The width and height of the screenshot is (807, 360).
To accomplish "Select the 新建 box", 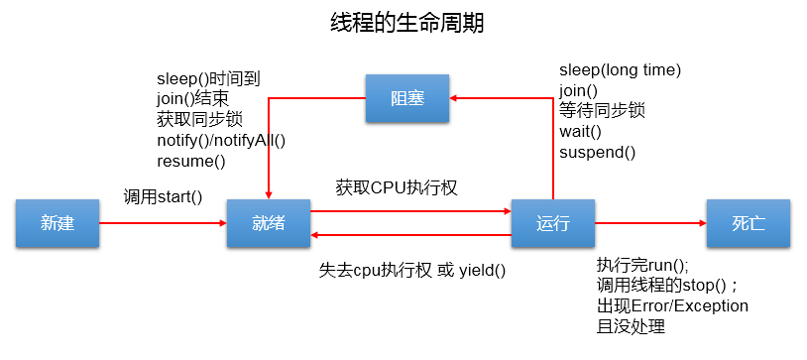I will tap(58, 223).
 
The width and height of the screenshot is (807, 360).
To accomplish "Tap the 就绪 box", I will tap(268, 223).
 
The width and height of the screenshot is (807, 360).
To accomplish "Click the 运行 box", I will tap(552, 223).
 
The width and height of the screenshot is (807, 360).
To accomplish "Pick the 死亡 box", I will tap(748, 223).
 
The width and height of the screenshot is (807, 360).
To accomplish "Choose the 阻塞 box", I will tap(406, 98).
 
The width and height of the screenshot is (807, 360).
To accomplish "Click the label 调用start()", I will tap(163, 196).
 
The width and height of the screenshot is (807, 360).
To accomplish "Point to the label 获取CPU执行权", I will tap(397, 186).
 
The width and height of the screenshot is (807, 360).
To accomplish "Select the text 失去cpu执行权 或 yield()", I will tap(411, 269).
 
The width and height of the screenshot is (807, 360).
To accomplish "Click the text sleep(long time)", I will tap(620, 69).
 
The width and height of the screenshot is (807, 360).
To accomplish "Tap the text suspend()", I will tap(598, 152).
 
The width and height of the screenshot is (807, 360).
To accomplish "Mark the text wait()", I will tap(581, 131).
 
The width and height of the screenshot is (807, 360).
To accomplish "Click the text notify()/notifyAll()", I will tap(221, 140).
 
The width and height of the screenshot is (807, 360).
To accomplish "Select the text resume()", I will tap(191, 161).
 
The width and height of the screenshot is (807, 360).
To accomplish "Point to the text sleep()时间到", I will tap(208, 78).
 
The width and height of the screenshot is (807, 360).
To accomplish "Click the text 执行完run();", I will tap(642, 265).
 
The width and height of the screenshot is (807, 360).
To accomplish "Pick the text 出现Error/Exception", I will tap(672, 305).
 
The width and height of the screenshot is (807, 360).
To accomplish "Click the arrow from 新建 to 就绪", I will tap(164, 223).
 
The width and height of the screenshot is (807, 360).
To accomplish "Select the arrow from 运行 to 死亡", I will tap(649, 223).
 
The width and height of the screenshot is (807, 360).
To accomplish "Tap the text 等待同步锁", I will tap(602, 110).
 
